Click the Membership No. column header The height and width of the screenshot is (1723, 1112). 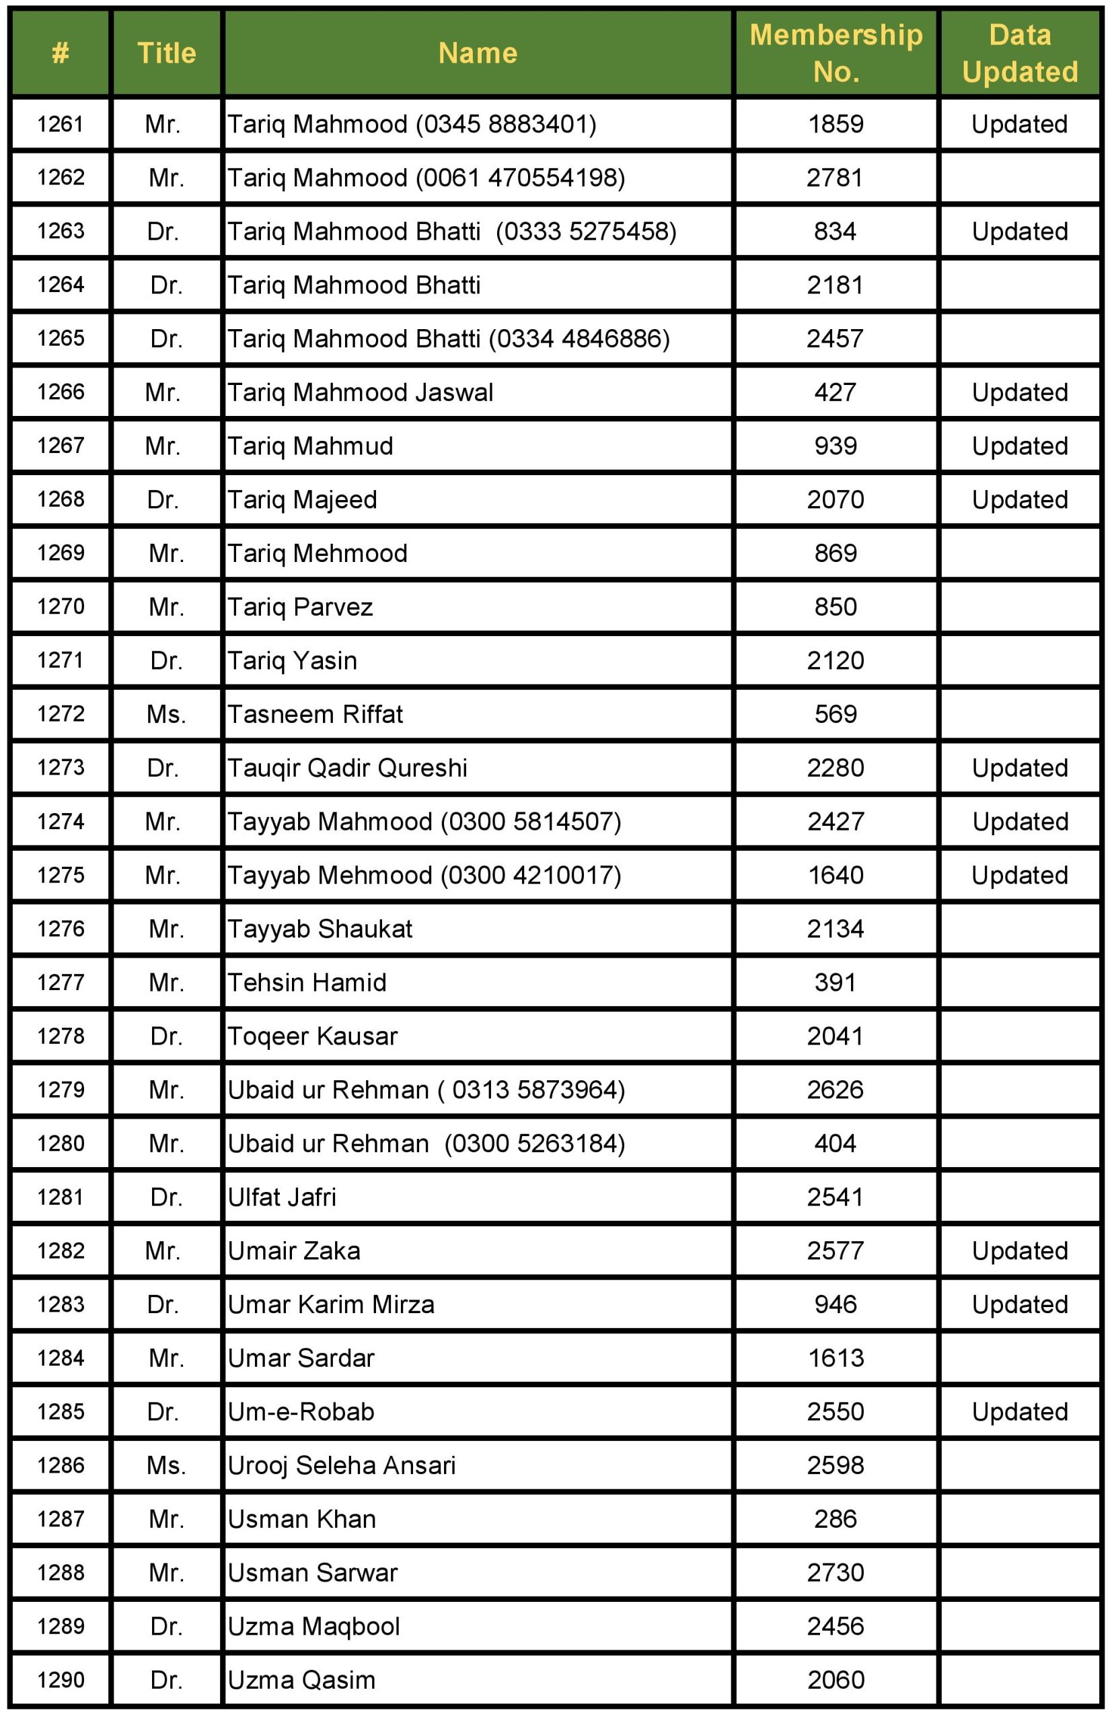pyautogui.click(x=836, y=52)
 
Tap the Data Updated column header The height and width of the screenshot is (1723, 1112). pyautogui.click(x=1020, y=52)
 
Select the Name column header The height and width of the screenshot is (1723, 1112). pyautogui.click(x=478, y=52)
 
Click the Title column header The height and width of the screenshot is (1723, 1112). pyautogui.click(x=167, y=52)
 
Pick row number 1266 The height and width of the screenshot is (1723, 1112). pyautogui.click(x=61, y=392)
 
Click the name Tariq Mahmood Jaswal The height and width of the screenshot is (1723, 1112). pyautogui.click(x=361, y=392)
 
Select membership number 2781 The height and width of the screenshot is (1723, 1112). pyautogui.click(x=835, y=178)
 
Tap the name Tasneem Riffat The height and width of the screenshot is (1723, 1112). pyautogui.click(x=315, y=713)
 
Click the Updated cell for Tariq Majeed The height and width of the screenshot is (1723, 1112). pyautogui.click(x=1020, y=499)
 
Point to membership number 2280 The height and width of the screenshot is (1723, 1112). pyautogui.click(x=836, y=767)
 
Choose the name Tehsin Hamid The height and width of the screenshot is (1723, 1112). pyautogui.click(x=307, y=982)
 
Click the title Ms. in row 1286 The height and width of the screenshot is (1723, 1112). pyautogui.click(x=166, y=1465)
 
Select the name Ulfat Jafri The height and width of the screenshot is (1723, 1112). pyautogui.click(x=282, y=1197)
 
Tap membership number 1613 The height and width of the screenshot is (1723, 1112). pyautogui.click(x=836, y=1358)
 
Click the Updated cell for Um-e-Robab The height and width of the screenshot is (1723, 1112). pyautogui.click(x=1020, y=1411)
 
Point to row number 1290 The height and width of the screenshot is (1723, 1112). pyautogui.click(x=61, y=1679)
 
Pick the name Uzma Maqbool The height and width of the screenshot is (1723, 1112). pyautogui.click(x=313, y=1625)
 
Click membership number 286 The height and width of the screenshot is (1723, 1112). pyautogui.click(x=836, y=1518)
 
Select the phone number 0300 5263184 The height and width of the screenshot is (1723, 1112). pyautogui.click(x=534, y=1143)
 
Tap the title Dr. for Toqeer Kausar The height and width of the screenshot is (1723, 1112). pyautogui.click(x=166, y=1035)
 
